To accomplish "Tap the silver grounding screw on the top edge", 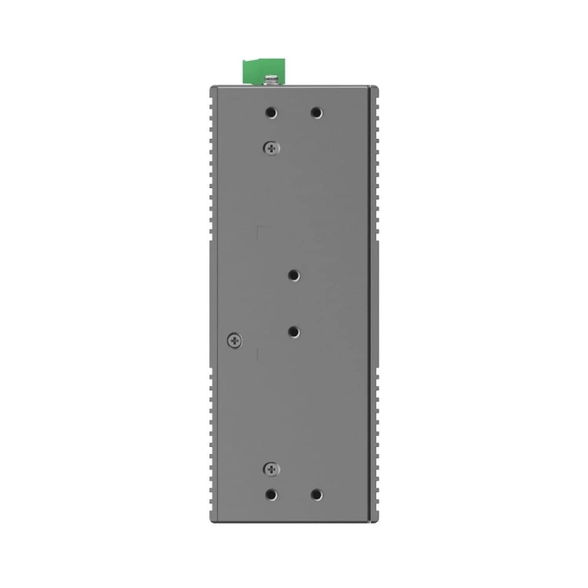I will (272, 78).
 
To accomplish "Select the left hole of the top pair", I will (270, 113).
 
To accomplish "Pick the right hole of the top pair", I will (316, 113).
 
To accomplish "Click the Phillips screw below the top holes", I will (271, 146).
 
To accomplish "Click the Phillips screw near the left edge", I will (233, 340).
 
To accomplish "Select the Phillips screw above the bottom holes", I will (271, 469).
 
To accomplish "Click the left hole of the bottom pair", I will (270, 495).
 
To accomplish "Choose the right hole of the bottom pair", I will (316, 495).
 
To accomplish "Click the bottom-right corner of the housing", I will (376, 521).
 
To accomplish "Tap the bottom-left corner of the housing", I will (211, 521).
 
